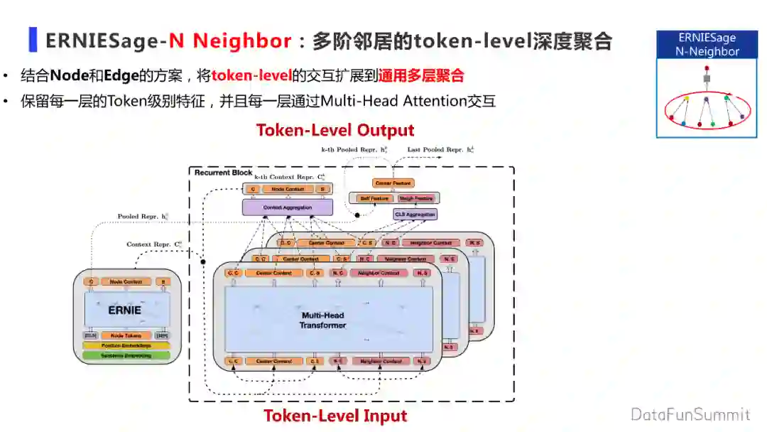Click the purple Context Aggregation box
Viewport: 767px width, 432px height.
click(287, 207)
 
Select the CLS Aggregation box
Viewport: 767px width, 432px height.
click(415, 214)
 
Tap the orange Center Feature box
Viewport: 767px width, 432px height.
click(393, 183)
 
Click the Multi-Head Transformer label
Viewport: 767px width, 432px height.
click(323, 320)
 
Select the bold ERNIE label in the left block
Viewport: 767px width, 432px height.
click(124, 310)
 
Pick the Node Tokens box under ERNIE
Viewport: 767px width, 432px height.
click(126, 335)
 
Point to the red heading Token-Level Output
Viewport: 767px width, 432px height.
click(334, 130)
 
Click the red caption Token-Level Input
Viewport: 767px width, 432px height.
click(335, 416)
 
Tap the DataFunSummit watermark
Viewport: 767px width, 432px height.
click(690, 414)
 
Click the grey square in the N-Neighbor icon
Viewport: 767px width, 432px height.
click(707, 79)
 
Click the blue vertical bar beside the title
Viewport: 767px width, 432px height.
click(33, 40)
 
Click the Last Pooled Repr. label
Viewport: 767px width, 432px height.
click(436, 150)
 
